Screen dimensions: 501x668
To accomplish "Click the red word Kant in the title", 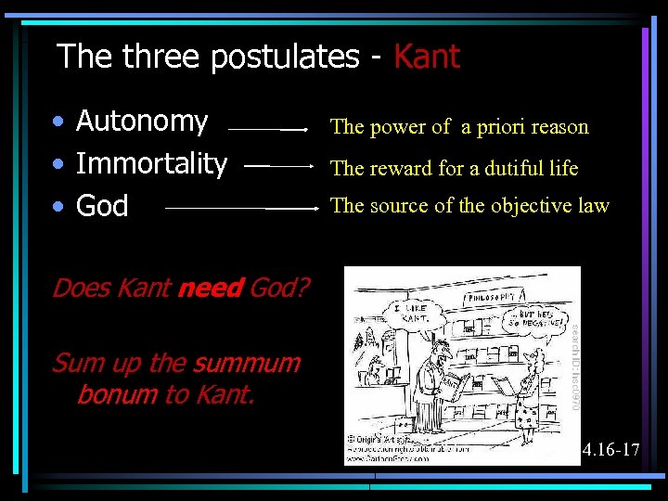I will click(x=426, y=58).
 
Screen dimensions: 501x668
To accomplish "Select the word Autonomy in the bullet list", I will click(x=142, y=122).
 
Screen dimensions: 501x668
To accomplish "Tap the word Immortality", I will click(x=151, y=164).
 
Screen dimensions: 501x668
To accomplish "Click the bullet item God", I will click(x=102, y=206).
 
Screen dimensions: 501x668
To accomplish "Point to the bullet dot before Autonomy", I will click(x=58, y=122).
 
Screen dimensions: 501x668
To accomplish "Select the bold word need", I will click(x=210, y=289).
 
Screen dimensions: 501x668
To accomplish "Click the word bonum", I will click(x=117, y=394).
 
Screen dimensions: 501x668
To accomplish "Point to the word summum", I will click(x=248, y=363).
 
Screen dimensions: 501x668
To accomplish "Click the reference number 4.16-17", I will click(x=610, y=451).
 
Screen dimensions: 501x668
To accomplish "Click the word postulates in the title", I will click(x=285, y=58).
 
